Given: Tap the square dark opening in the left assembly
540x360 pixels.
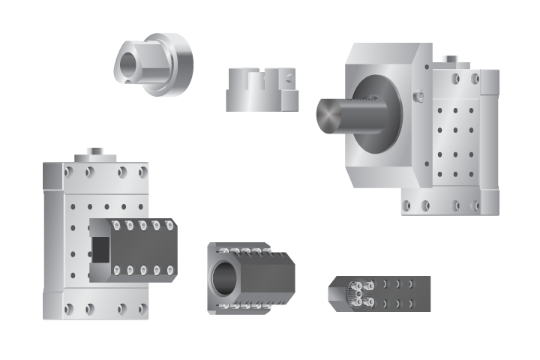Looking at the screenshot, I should (x=99, y=249).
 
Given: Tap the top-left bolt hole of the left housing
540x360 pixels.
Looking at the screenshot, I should (x=68, y=172).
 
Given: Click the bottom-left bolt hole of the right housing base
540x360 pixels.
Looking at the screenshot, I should (x=409, y=205).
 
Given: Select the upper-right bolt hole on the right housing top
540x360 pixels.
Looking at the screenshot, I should (x=473, y=78).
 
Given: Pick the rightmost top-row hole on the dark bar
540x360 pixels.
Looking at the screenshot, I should (x=410, y=283).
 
